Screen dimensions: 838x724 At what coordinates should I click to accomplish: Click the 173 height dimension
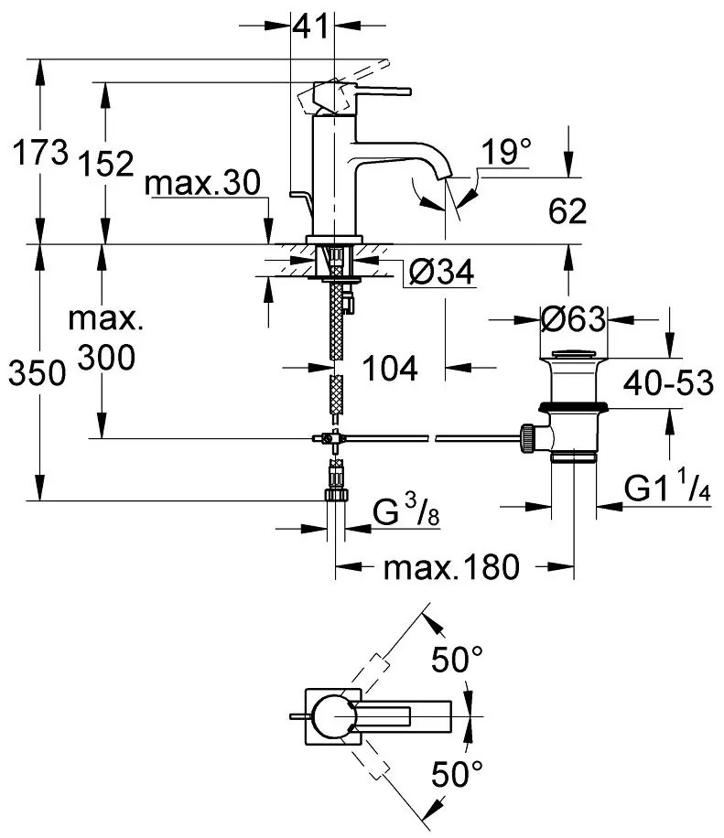click(x=38, y=152)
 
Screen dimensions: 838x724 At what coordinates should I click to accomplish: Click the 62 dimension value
click(x=567, y=212)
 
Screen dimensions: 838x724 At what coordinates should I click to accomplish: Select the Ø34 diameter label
click(x=443, y=273)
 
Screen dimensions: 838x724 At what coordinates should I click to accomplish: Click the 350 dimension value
click(x=36, y=373)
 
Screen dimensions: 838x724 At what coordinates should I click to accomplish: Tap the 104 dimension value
click(x=389, y=368)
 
